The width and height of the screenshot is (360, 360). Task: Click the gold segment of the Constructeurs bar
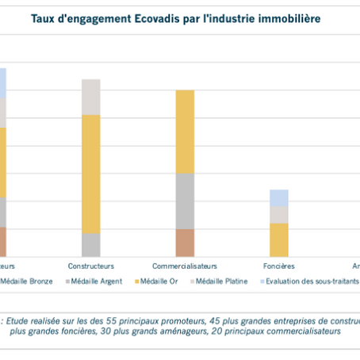(91, 174)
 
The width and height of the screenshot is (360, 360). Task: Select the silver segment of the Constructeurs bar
(91, 244)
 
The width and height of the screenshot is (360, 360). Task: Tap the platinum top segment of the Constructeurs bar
(91, 97)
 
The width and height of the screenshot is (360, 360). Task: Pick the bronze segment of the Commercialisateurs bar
(185, 243)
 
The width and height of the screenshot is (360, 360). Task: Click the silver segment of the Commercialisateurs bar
(185, 201)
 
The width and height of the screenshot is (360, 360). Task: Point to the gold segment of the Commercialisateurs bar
(185, 132)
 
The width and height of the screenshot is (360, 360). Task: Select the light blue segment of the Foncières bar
(279, 197)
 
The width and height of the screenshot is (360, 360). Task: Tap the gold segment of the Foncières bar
(279, 239)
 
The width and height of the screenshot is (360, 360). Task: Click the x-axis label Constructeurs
(91, 266)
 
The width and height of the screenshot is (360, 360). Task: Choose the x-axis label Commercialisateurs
(185, 266)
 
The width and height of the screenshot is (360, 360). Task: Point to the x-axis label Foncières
(279, 266)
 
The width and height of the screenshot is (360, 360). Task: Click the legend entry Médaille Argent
(94, 281)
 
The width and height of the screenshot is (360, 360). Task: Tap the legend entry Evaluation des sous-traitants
(312, 281)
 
